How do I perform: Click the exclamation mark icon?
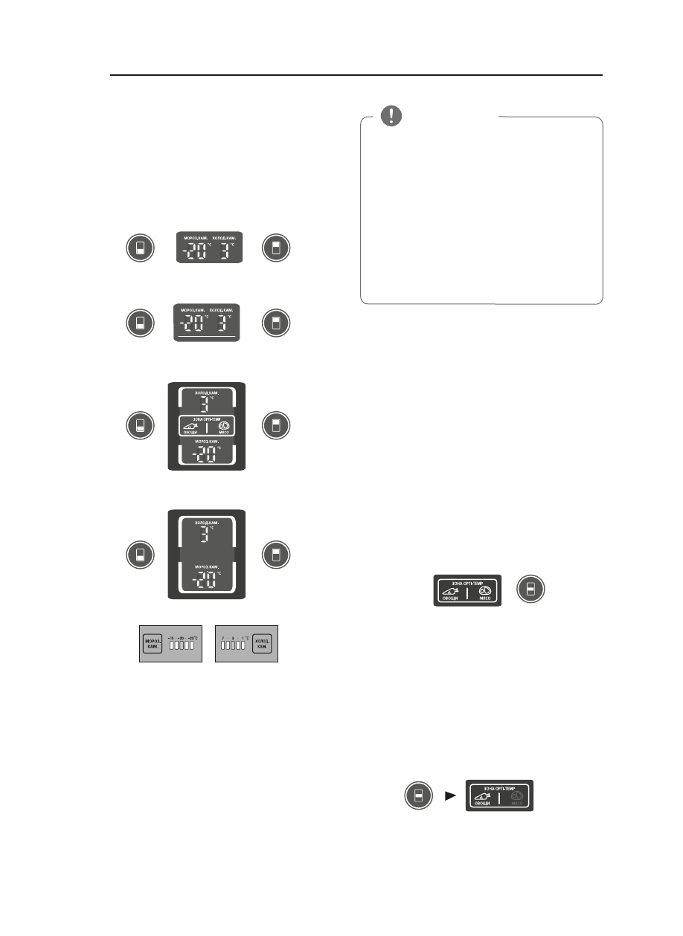[x=391, y=116]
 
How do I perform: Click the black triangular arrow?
[x=449, y=795]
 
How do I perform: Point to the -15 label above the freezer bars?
[x=170, y=637]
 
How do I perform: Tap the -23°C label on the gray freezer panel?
[x=193, y=637]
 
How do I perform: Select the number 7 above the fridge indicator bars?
[x=222, y=637]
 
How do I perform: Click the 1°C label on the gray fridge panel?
[x=245, y=637]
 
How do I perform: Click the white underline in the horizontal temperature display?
[x=206, y=338]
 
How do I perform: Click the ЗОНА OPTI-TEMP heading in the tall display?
[x=206, y=419]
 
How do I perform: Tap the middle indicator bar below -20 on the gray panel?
[x=182, y=647]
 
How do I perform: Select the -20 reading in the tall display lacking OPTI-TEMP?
[x=203, y=580]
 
